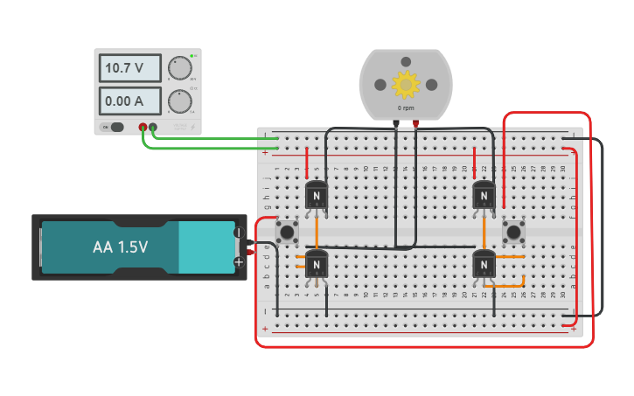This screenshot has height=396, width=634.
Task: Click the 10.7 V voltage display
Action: pyautogui.click(x=129, y=67)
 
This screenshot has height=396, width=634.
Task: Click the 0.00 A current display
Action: pyautogui.click(x=129, y=101)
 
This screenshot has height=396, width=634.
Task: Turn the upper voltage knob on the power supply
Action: pyautogui.click(x=179, y=68)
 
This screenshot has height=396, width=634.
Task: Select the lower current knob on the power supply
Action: pyautogui.click(x=179, y=101)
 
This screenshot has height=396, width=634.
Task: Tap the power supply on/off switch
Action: pyautogui.click(x=113, y=127)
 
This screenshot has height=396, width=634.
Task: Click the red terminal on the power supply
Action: pyautogui.click(x=143, y=128)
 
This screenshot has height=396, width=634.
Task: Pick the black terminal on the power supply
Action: pyautogui.click(x=153, y=128)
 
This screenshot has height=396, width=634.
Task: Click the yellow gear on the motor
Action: pyautogui.click(x=406, y=84)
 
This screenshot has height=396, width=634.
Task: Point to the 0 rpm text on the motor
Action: pyautogui.click(x=406, y=108)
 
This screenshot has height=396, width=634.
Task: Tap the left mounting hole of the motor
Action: pyautogui.click(x=380, y=84)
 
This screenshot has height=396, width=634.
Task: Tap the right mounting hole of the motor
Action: pyautogui.click(x=431, y=84)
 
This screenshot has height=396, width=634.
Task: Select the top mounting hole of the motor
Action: pyautogui.click(x=406, y=60)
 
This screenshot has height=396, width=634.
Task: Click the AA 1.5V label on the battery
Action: pyautogui.click(x=120, y=247)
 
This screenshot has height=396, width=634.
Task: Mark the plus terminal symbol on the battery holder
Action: pyautogui.click(x=238, y=261)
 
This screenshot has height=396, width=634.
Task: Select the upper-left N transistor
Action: pyautogui.click(x=317, y=196)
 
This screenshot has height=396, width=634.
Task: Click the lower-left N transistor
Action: pyautogui.click(x=317, y=263)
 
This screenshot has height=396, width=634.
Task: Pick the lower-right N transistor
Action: pyautogui.click(x=484, y=263)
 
